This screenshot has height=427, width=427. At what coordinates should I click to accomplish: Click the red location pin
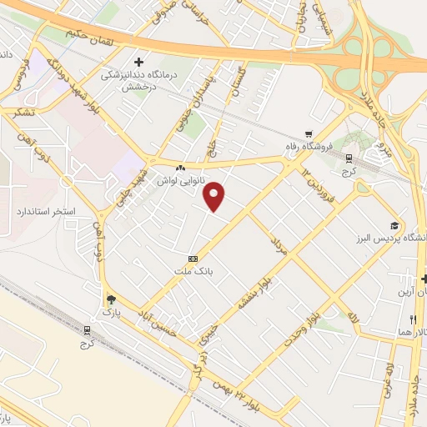coord(215,196)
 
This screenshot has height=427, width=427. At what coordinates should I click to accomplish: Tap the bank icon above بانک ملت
coord(193,259)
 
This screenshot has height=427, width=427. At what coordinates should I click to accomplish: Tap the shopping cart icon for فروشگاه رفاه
coord(309,133)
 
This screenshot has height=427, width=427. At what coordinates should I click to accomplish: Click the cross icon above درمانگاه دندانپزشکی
coord(139,62)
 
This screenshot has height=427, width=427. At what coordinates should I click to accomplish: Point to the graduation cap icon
coord(394,225)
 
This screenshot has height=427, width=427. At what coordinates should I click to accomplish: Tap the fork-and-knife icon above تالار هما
coord(410,319)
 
